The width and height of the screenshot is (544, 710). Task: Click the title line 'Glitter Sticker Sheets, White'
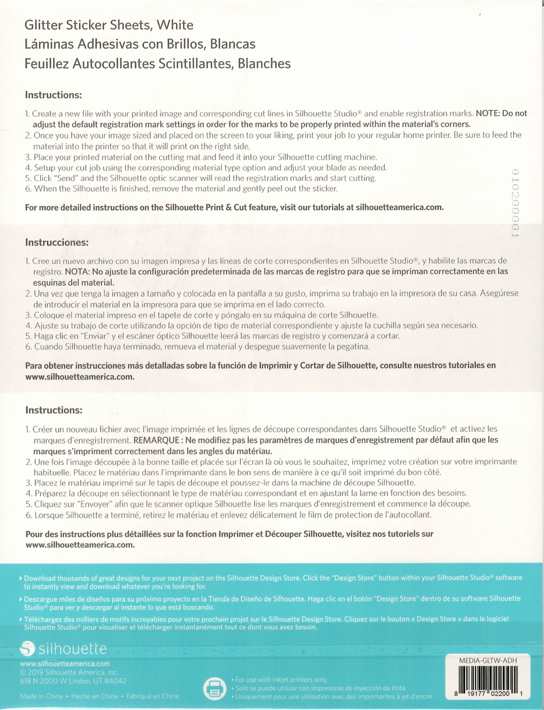coord(109,26)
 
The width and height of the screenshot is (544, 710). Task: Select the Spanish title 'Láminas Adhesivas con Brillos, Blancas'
coord(139,45)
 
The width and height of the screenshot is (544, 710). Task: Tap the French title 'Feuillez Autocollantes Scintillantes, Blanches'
coord(157,64)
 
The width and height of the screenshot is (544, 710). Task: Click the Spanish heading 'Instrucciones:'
coord(57,242)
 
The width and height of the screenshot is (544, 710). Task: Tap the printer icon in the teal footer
coord(214,688)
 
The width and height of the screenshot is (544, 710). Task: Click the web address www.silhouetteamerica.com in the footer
coord(65,664)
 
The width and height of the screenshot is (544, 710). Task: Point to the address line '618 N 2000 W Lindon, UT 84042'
coord(73,681)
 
